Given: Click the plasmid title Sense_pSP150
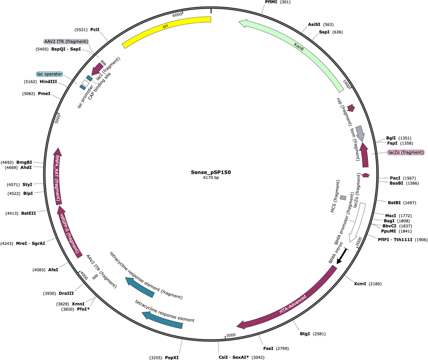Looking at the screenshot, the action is [211, 172].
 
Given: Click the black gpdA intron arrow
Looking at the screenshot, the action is [342, 256].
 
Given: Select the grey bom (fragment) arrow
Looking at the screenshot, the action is [361, 133].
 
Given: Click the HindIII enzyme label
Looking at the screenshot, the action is [48, 81].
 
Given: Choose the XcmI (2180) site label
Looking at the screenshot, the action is [368, 284].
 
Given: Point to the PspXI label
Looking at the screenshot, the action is [172, 358].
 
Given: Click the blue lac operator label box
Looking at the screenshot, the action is [50, 74].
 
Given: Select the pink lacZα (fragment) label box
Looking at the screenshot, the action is [406, 152].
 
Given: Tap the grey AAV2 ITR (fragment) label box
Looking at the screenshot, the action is [66, 41].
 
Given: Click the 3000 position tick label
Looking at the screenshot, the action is [231, 335].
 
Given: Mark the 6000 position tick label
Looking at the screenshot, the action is [177, 15].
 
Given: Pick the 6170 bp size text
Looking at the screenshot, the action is [211, 177].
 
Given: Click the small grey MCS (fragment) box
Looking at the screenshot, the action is [343, 198].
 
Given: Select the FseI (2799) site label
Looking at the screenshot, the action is [275, 349].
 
